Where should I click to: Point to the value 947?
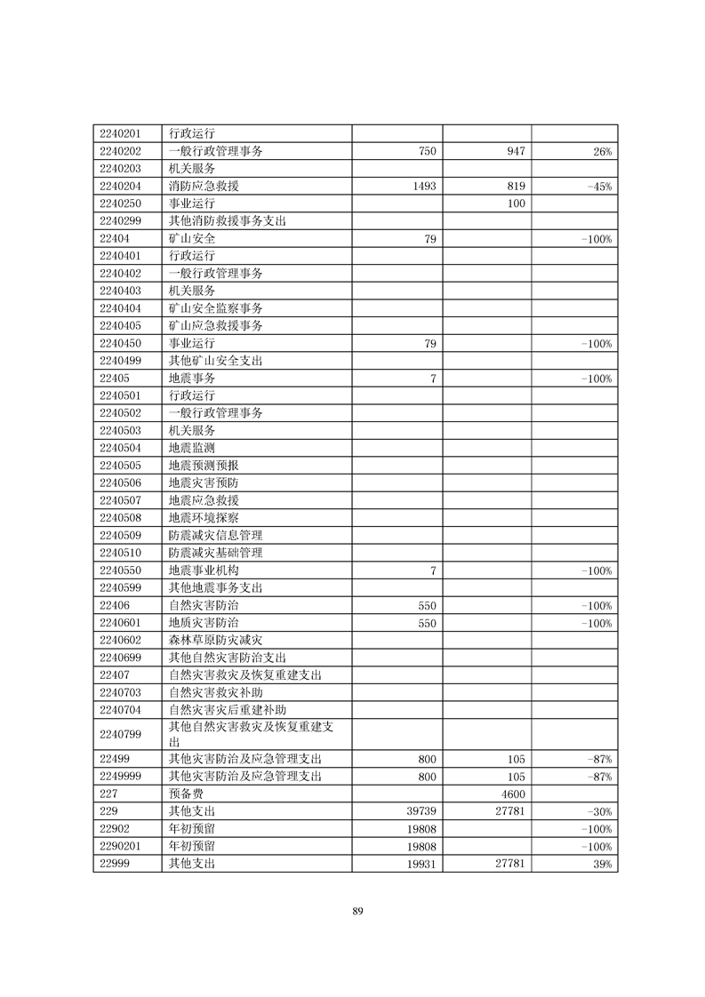[x=516, y=152]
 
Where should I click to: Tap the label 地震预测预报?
[x=204, y=466]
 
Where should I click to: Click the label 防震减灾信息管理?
[x=215, y=536]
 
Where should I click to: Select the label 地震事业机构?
[x=204, y=570]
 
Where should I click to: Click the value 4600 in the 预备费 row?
[x=513, y=794]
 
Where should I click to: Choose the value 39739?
[x=419, y=811]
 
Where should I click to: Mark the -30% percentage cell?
[x=599, y=811]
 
